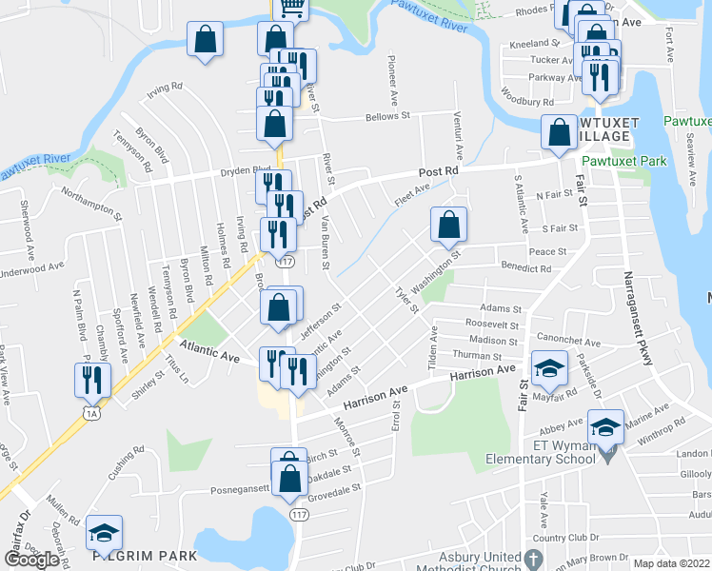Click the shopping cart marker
point(292,8)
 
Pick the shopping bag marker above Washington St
point(447,226)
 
